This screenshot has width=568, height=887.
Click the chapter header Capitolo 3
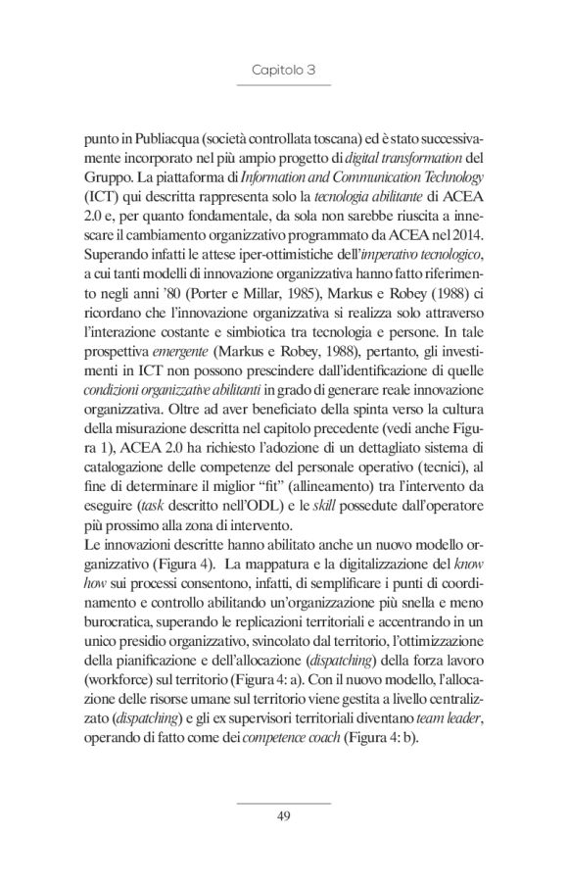(x=283, y=71)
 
